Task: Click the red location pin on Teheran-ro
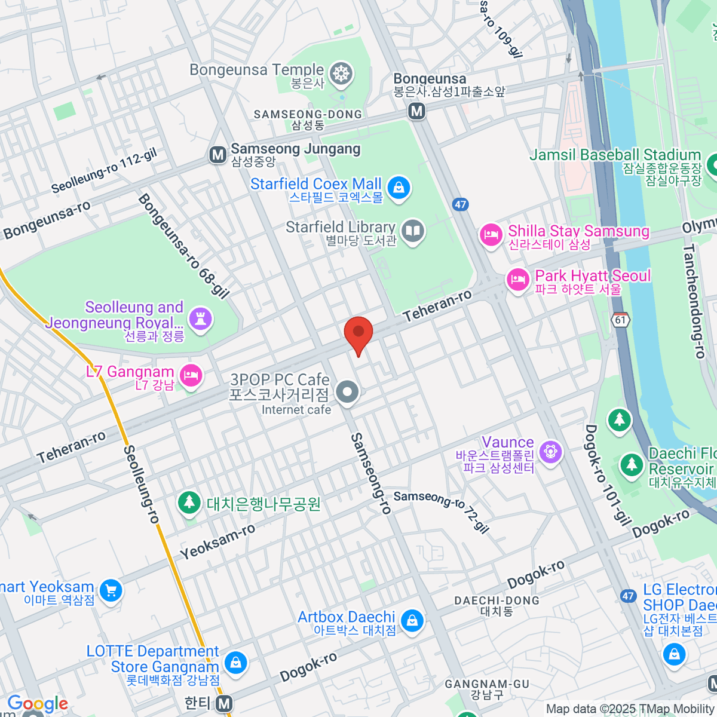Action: click(358, 333)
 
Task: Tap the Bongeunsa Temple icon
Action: click(342, 74)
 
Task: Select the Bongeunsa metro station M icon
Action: click(416, 111)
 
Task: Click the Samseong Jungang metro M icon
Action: click(218, 155)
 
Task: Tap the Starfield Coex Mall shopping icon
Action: click(399, 188)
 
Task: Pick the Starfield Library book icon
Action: click(412, 231)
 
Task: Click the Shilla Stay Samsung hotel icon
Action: click(491, 235)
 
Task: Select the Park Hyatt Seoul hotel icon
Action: click(517, 280)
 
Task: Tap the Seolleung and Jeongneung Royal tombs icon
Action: click(200, 318)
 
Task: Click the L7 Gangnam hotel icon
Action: click(191, 376)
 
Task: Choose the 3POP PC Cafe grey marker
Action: click(347, 393)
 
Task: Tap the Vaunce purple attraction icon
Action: click(550, 452)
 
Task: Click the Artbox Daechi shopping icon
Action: click(412, 621)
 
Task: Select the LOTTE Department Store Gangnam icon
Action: click(235, 662)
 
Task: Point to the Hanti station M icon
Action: click(224, 704)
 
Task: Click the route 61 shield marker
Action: click(621, 320)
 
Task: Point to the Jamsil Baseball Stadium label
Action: click(615, 155)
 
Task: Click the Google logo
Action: click(38, 704)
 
